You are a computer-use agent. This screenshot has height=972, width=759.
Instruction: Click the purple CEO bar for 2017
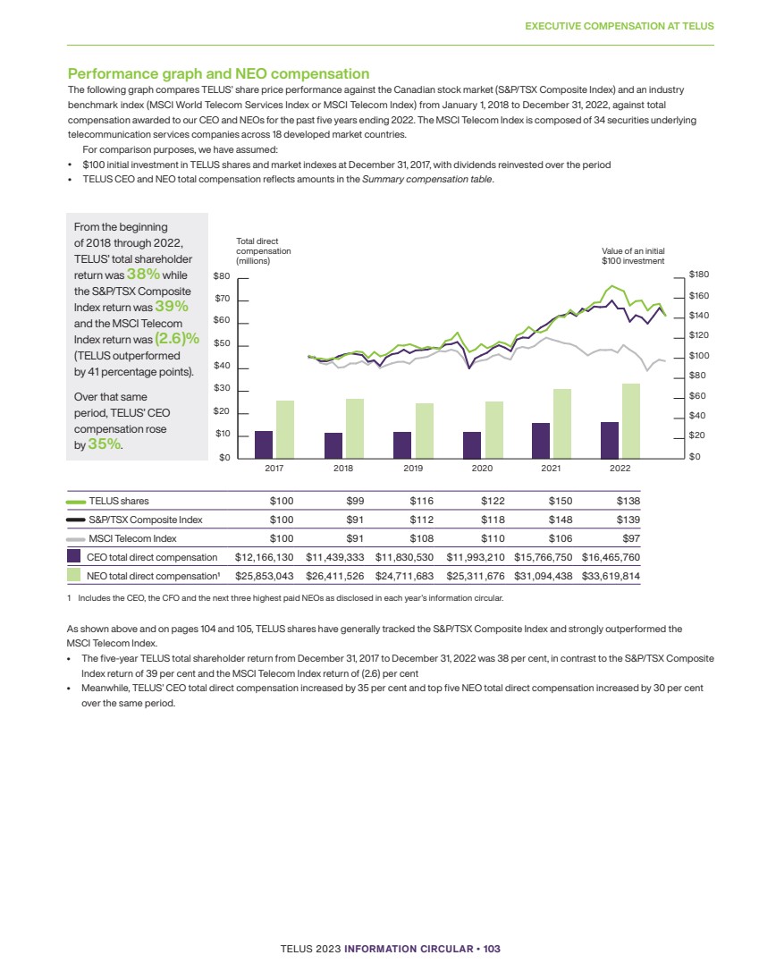(264, 444)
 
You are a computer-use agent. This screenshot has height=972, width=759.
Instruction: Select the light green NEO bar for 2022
(632, 421)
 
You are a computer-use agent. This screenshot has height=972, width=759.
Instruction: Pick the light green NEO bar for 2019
(425, 431)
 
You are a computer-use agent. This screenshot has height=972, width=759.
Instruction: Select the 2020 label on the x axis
(482, 469)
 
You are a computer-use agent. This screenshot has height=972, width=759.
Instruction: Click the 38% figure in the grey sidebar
(143, 275)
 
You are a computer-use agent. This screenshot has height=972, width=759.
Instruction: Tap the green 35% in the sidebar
(105, 444)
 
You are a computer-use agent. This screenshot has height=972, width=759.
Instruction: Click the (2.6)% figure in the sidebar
(175, 339)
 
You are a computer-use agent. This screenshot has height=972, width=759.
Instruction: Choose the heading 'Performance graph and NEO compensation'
(219, 73)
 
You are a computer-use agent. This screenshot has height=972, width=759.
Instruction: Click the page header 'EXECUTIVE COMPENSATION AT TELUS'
(620, 26)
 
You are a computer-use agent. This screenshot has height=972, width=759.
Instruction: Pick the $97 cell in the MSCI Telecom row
(629, 538)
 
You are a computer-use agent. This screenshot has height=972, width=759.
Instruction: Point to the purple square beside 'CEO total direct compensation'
(75, 557)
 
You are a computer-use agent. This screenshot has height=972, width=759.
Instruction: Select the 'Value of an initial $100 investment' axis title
(633, 256)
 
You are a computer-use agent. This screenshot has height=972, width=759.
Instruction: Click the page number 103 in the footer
(491, 948)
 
